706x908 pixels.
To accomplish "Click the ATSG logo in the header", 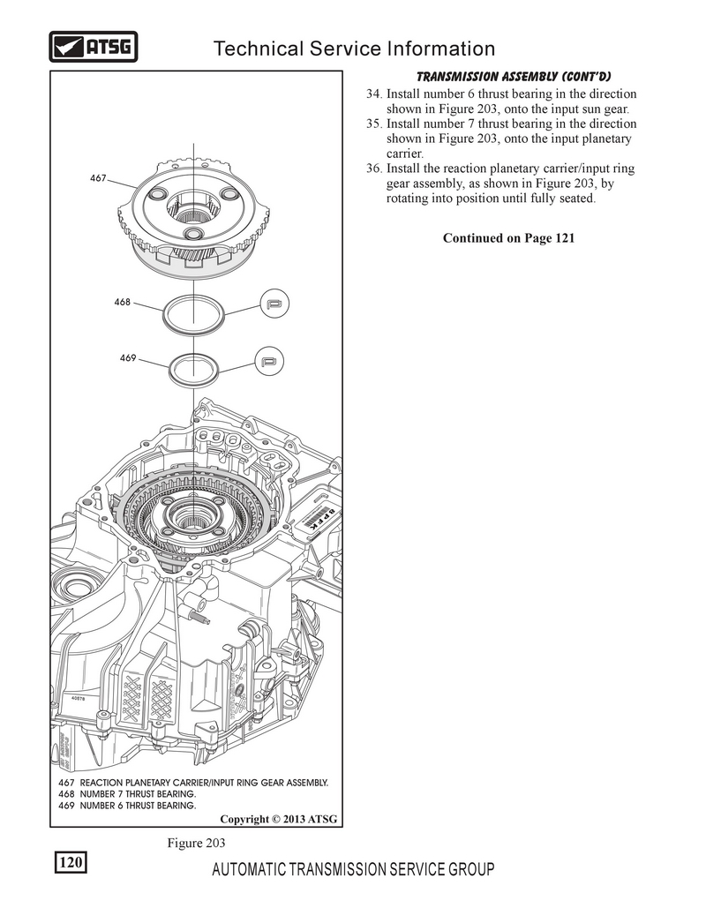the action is [94, 47].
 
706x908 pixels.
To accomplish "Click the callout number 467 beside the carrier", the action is [98, 178].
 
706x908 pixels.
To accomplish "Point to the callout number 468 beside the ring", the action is [122, 303].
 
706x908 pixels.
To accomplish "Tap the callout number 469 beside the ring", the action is [128, 358].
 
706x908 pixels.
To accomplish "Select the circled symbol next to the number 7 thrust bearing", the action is [274, 304].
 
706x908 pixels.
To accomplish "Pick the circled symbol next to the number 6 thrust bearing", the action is [269, 362].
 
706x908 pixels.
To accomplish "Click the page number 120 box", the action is [71, 863].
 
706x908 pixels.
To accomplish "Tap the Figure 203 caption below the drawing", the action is [196, 844].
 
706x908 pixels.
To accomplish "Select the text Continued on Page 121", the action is [508, 238].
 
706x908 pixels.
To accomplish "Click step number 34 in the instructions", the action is [373, 94].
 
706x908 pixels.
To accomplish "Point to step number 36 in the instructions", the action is [373, 169].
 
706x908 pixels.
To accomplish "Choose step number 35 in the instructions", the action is [373, 124].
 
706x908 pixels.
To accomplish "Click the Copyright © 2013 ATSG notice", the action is [279, 820].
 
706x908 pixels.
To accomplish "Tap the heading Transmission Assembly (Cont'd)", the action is [514, 77].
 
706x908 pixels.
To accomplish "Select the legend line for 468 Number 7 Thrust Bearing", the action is [127, 794].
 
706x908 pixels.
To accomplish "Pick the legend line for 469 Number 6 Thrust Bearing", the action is [127, 806].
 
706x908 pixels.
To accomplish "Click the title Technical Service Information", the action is [355, 48].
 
